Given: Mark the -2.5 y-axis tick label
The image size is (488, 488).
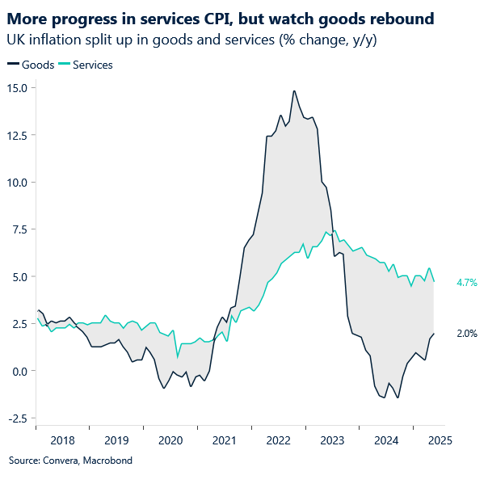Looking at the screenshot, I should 16,418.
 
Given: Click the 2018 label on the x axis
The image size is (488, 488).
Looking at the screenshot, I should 62,440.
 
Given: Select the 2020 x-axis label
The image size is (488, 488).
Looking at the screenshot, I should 170,440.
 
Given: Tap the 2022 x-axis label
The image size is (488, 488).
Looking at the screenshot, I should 278,440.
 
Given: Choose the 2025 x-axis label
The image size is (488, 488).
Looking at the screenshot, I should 440,440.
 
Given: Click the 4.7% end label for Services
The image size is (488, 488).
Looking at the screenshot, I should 467,283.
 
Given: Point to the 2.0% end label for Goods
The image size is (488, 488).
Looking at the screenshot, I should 467,333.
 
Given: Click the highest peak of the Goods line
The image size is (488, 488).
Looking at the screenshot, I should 294,90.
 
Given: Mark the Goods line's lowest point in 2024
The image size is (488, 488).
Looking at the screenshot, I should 398,398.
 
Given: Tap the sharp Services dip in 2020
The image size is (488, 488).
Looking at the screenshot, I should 178,356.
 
